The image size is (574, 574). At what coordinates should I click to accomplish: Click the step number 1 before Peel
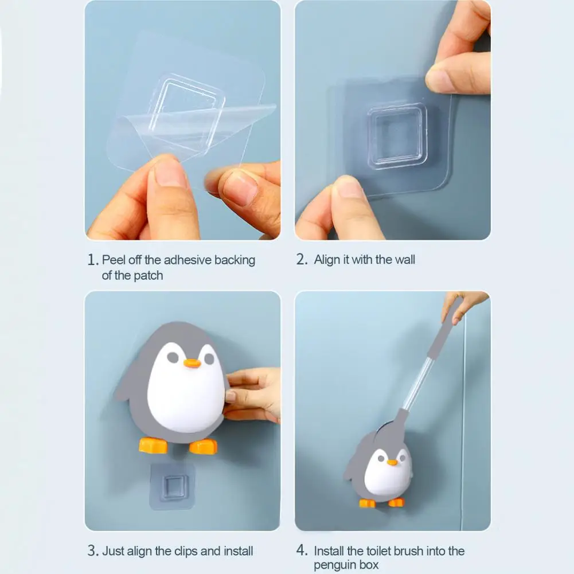pyautogui.click(x=92, y=260)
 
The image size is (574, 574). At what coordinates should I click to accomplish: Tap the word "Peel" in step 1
pyautogui.click(x=114, y=260)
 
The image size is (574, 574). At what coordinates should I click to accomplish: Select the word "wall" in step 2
pyautogui.click(x=404, y=260)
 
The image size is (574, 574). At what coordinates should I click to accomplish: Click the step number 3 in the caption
pyautogui.click(x=92, y=552)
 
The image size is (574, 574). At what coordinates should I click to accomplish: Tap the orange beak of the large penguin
pyautogui.click(x=192, y=363)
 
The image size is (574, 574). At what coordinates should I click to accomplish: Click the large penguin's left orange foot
pyautogui.click(x=153, y=446)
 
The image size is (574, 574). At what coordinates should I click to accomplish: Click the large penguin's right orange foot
pyautogui.click(x=204, y=446)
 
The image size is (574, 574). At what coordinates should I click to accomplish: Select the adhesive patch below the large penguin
pyautogui.click(x=172, y=486)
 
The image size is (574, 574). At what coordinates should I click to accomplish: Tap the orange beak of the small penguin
pyautogui.click(x=392, y=462)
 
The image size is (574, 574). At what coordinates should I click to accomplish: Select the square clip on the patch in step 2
pyautogui.click(x=397, y=136)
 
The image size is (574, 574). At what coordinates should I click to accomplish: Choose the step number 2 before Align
pyautogui.click(x=302, y=260)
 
